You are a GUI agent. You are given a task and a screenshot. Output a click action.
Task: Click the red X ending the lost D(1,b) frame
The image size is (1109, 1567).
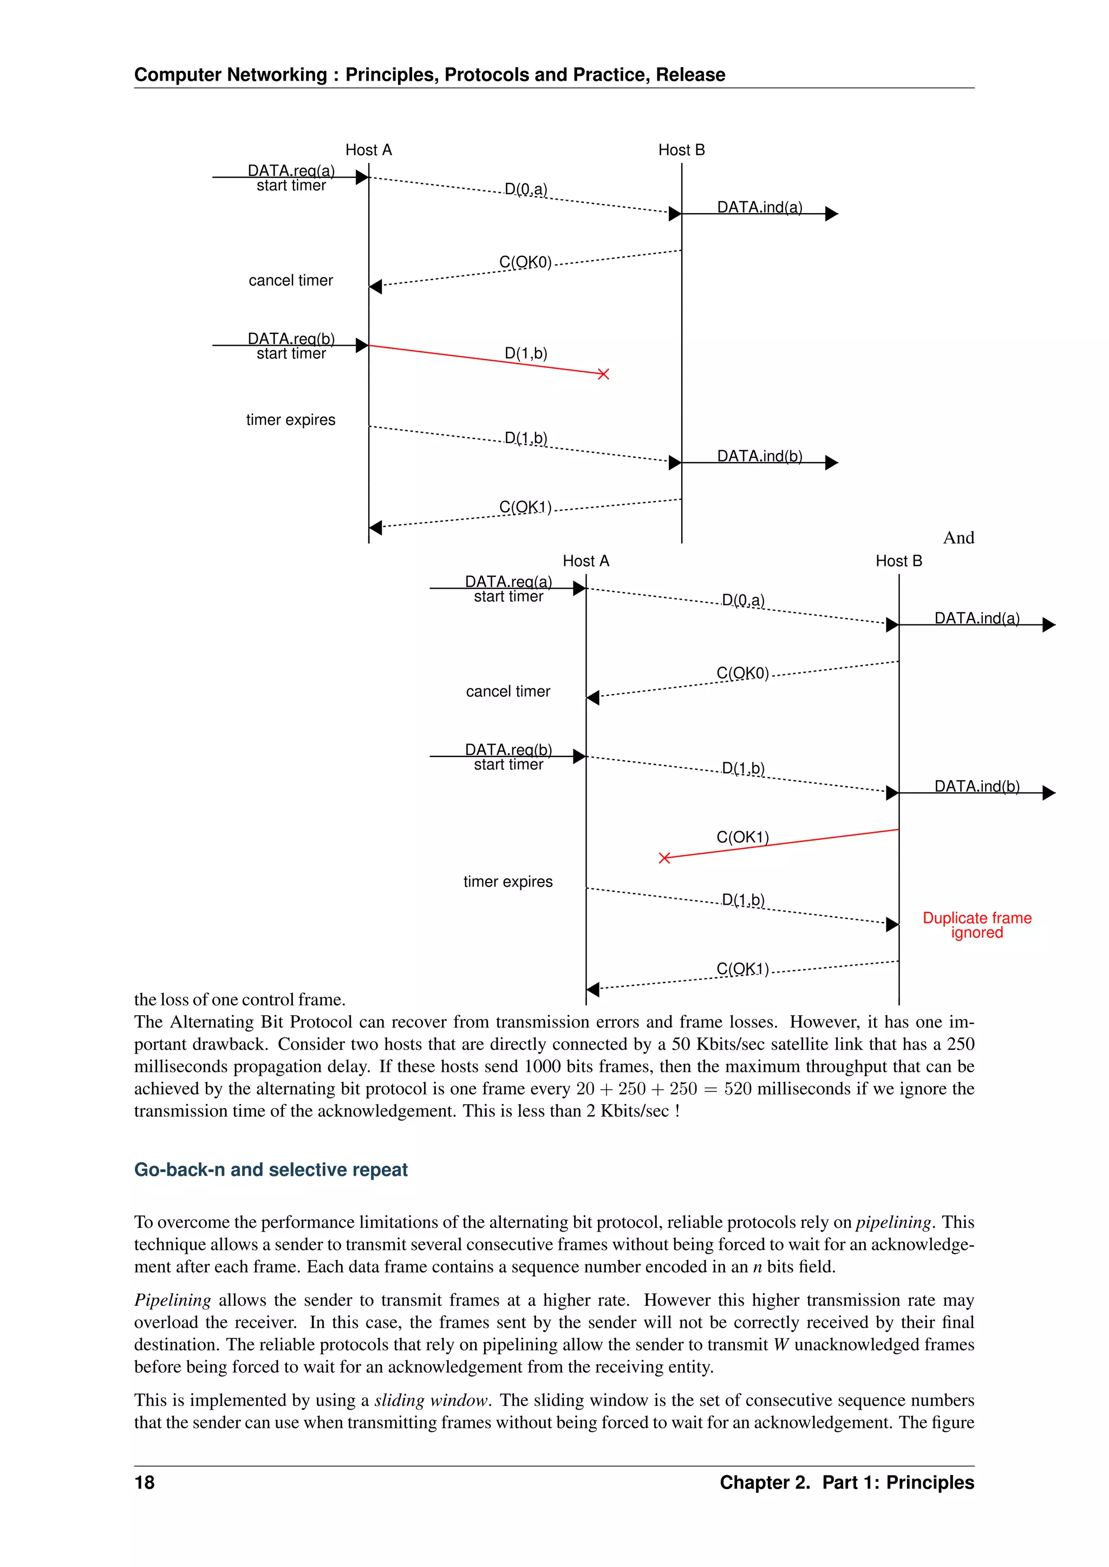tap(603, 374)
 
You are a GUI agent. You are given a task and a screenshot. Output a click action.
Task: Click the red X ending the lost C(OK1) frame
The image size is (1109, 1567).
tap(664, 858)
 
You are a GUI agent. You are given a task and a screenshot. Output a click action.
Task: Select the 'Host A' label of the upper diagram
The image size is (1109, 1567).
tap(368, 150)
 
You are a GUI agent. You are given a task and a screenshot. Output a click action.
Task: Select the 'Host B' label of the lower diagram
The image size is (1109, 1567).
tap(899, 561)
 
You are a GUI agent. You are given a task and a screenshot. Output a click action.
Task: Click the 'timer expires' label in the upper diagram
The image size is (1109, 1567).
tap(291, 420)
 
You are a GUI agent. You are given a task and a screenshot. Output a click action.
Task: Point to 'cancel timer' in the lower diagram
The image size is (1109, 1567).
tap(508, 692)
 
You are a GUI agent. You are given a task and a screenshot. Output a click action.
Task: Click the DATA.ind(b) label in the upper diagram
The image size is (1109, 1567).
tap(759, 456)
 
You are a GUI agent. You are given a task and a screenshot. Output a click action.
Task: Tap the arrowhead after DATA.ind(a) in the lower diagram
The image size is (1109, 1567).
tap(1049, 625)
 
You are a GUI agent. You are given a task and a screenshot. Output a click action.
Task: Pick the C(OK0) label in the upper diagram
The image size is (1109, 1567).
tap(525, 262)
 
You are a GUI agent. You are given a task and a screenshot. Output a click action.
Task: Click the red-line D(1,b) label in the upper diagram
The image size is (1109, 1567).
tap(526, 353)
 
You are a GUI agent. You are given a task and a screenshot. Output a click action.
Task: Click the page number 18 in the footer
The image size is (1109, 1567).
tap(145, 1483)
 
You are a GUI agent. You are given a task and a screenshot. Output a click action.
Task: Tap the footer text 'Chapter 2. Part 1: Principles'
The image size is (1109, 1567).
tap(847, 1483)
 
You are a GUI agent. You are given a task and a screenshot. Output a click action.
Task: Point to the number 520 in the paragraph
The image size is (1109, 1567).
tap(738, 1089)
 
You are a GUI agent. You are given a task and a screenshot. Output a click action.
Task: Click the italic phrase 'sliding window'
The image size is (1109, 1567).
tap(431, 1400)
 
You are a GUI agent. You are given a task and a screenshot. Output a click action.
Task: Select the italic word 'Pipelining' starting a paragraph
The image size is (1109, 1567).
tap(172, 1300)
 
